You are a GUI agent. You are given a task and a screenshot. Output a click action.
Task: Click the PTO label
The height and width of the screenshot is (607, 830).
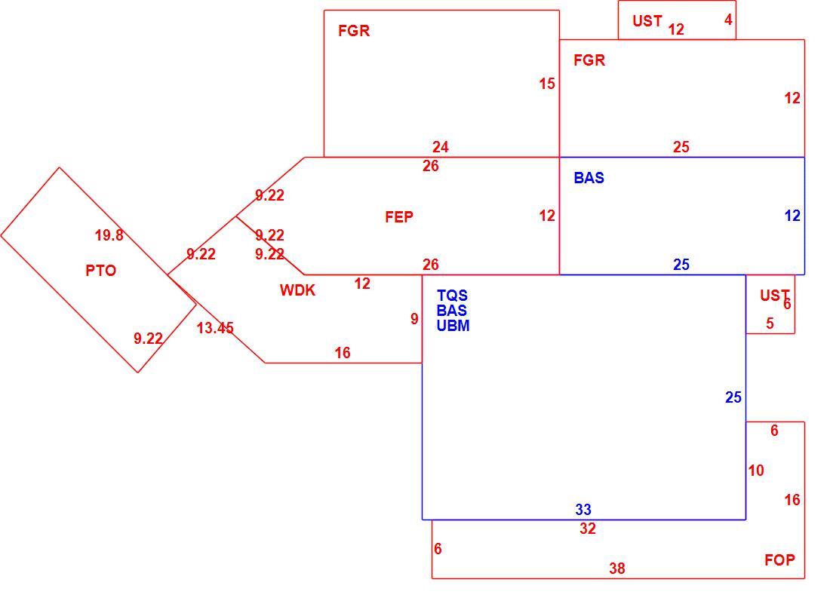[x=100, y=271]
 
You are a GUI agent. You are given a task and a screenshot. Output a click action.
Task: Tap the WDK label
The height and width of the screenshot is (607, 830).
[x=297, y=290]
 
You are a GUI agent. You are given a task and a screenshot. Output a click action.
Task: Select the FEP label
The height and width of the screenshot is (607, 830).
[x=399, y=217]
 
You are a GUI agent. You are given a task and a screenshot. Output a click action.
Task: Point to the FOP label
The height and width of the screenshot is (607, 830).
[x=779, y=560]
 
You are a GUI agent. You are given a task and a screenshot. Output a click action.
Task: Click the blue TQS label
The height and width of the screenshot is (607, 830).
[x=452, y=296]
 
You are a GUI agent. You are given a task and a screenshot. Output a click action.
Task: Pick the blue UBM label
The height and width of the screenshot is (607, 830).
[x=453, y=326]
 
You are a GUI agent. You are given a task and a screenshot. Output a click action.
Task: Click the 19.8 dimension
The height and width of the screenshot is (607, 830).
[x=109, y=235]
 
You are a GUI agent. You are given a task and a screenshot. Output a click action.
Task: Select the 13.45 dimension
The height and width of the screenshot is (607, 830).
[x=215, y=328]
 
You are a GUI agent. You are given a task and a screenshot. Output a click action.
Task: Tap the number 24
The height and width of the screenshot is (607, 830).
[x=441, y=147]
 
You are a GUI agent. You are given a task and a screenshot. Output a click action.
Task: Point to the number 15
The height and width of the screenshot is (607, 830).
[x=547, y=84]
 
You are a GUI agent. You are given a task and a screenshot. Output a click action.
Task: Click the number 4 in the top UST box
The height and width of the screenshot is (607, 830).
[x=728, y=20]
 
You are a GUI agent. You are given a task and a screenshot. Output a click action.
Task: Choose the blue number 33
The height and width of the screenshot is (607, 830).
[x=583, y=510]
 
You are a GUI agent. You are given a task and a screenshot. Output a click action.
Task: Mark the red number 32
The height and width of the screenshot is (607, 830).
[x=588, y=529]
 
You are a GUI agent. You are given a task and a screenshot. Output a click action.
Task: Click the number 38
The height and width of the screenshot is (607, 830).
[x=617, y=569]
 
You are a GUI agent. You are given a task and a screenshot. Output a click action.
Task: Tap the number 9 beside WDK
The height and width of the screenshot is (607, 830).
[x=414, y=319]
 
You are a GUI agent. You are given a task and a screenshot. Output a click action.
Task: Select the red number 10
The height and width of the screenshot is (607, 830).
[x=756, y=471]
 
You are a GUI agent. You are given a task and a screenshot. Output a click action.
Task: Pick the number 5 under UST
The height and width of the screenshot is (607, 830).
[x=770, y=323]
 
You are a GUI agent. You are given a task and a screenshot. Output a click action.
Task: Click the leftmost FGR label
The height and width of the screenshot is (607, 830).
[x=354, y=31]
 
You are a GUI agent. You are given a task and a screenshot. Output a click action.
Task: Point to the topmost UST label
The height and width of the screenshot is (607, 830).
[x=647, y=21]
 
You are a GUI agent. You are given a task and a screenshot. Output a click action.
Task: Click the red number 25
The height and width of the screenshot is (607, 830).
[x=681, y=147]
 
